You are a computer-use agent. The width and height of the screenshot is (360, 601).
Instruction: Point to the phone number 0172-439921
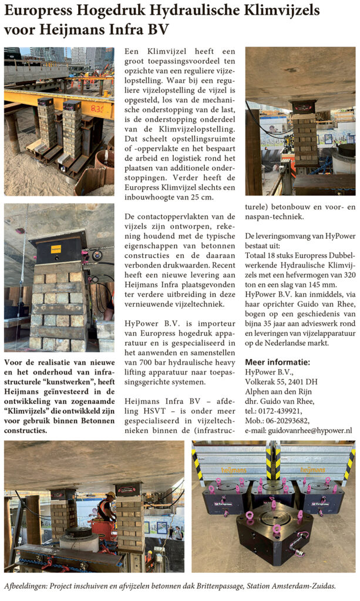283,409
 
